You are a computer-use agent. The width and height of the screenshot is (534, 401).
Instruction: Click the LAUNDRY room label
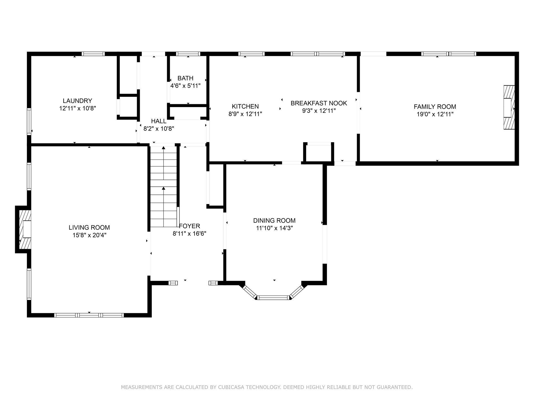click(x=77, y=101)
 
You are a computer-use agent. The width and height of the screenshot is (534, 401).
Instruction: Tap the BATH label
click(x=185, y=78)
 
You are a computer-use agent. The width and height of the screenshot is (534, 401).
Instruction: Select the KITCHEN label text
click(x=245, y=107)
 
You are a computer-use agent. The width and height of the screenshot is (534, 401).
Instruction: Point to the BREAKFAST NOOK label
click(x=319, y=103)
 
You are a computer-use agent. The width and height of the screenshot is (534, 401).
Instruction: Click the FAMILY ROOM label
click(x=435, y=107)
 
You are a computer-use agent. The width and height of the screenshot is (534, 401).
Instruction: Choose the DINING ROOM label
click(x=274, y=221)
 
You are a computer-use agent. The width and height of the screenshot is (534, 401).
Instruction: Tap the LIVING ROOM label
click(x=89, y=228)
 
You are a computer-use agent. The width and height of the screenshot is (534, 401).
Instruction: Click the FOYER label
click(x=190, y=226)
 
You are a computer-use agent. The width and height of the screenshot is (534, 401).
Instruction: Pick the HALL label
click(x=159, y=121)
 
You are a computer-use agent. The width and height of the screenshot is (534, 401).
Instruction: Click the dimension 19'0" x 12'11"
click(x=435, y=114)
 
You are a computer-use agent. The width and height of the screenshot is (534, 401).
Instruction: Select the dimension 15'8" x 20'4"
click(x=89, y=235)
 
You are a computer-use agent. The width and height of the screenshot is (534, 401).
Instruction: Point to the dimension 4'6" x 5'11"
click(x=185, y=86)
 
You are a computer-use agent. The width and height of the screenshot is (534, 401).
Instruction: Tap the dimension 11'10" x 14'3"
click(x=274, y=228)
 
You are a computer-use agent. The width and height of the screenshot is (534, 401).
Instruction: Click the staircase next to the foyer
click(x=164, y=186)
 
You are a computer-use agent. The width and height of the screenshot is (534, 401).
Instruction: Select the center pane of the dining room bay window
click(x=273, y=297)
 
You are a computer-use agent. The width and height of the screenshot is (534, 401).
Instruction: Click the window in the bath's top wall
click(x=188, y=54)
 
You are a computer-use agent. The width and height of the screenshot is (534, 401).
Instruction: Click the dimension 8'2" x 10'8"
click(x=159, y=129)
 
